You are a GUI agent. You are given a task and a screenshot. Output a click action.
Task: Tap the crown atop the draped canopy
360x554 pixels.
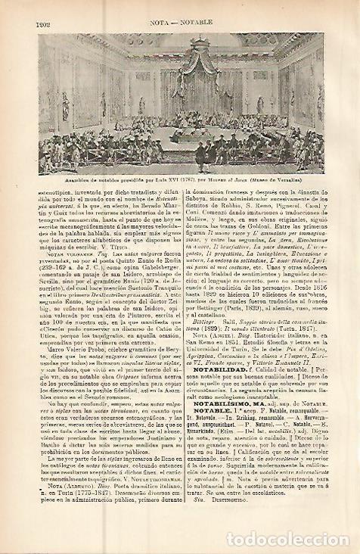tap(183, 38)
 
